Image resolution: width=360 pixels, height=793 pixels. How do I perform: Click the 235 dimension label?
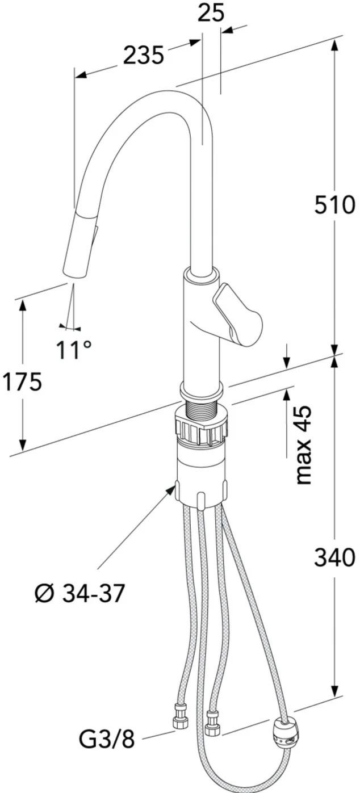(143, 55)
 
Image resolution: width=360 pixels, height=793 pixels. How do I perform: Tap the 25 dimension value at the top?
(211, 13)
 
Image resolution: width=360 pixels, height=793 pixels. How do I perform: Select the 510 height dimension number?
(334, 204)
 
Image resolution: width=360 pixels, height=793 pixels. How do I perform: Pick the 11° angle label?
(74, 350)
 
